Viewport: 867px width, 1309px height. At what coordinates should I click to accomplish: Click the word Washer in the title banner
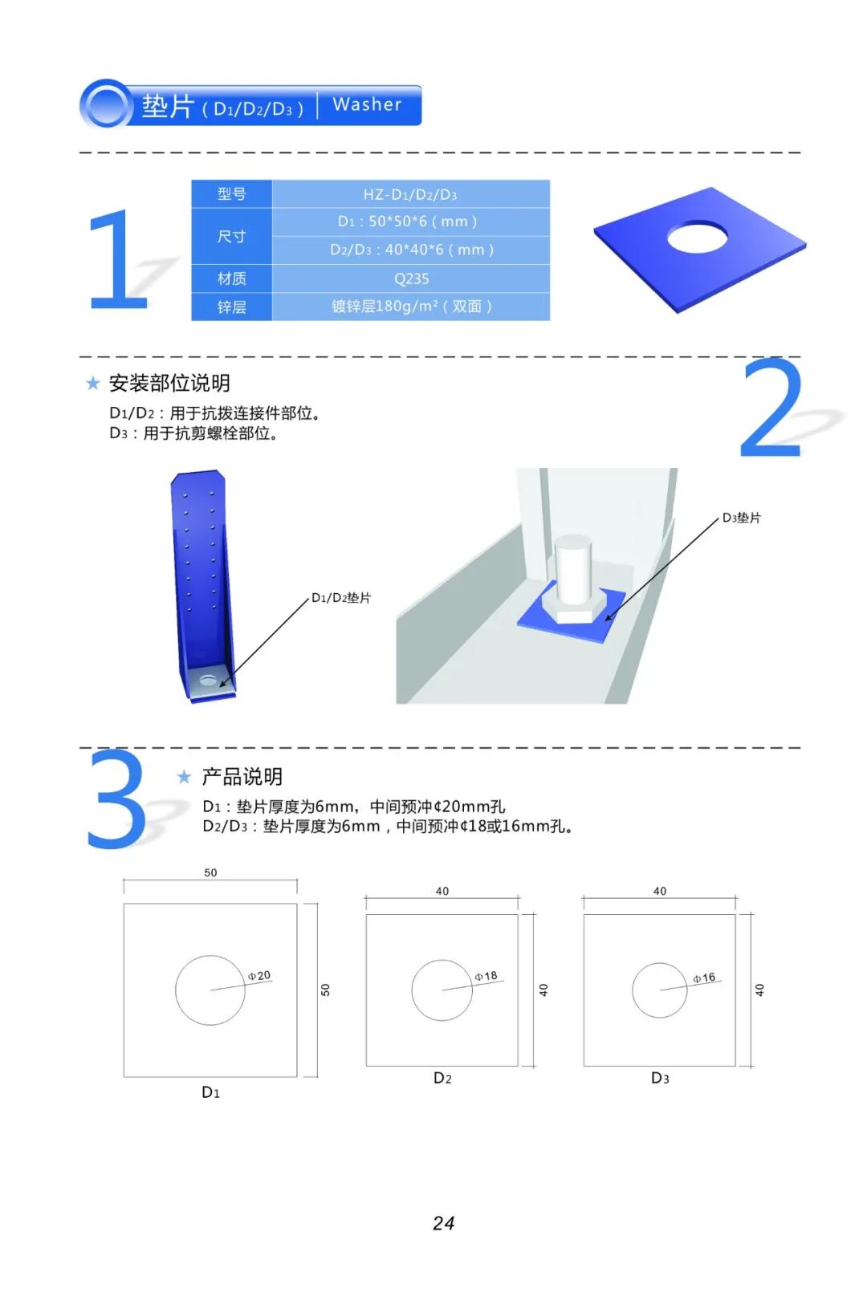(x=367, y=104)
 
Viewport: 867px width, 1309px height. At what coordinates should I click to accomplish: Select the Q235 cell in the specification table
(x=411, y=278)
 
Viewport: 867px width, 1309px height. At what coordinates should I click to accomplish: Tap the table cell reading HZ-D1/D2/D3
(x=411, y=194)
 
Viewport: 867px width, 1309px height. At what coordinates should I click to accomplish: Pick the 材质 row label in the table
(x=231, y=278)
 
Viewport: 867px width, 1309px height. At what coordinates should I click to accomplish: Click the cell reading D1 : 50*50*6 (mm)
(x=411, y=222)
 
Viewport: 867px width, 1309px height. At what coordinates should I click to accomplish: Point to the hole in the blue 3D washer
(x=698, y=238)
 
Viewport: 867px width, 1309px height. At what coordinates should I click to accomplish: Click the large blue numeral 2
(x=771, y=408)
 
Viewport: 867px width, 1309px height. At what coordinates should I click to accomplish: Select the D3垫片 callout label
(x=741, y=518)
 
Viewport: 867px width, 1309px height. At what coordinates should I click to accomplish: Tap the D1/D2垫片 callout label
(x=341, y=598)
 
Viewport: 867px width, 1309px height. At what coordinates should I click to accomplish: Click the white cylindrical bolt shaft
(x=572, y=568)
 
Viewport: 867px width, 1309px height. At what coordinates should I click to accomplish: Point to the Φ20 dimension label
(x=259, y=975)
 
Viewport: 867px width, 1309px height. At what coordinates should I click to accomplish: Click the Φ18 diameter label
(x=486, y=976)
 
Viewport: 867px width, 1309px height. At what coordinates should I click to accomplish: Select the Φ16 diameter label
(x=704, y=978)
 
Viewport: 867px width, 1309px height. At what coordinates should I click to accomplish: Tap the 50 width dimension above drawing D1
(x=210, y=872)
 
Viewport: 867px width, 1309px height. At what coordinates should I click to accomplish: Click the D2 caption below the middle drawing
(x=442, y=1078)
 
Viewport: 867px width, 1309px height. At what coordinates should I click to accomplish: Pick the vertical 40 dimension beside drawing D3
(x=759, y=990)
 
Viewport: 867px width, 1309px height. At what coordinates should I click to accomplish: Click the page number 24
(x=444, y=1223)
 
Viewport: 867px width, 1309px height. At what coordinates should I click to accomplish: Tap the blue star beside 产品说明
(x=184, y=777)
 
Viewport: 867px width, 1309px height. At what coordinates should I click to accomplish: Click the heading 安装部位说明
(x=169, y=384)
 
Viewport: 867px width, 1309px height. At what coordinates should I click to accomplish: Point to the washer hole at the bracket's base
(x=208, y=681)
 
